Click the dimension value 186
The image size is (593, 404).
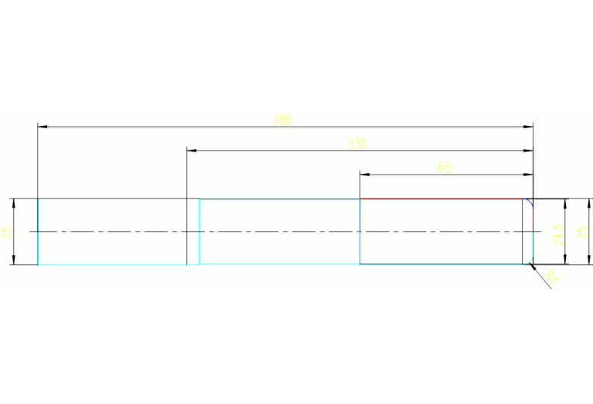283,120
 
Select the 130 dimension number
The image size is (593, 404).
357,144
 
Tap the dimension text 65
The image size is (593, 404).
445,168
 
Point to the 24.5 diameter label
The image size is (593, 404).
557,232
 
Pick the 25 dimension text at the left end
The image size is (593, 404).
7,232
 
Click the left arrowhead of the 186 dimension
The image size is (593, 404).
43,126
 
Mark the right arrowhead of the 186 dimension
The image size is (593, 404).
528,126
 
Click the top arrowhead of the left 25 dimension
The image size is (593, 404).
13,203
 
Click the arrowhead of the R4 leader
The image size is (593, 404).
533,267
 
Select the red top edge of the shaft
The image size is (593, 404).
441,199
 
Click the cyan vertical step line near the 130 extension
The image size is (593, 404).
199,232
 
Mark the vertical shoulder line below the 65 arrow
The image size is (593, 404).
360,232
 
